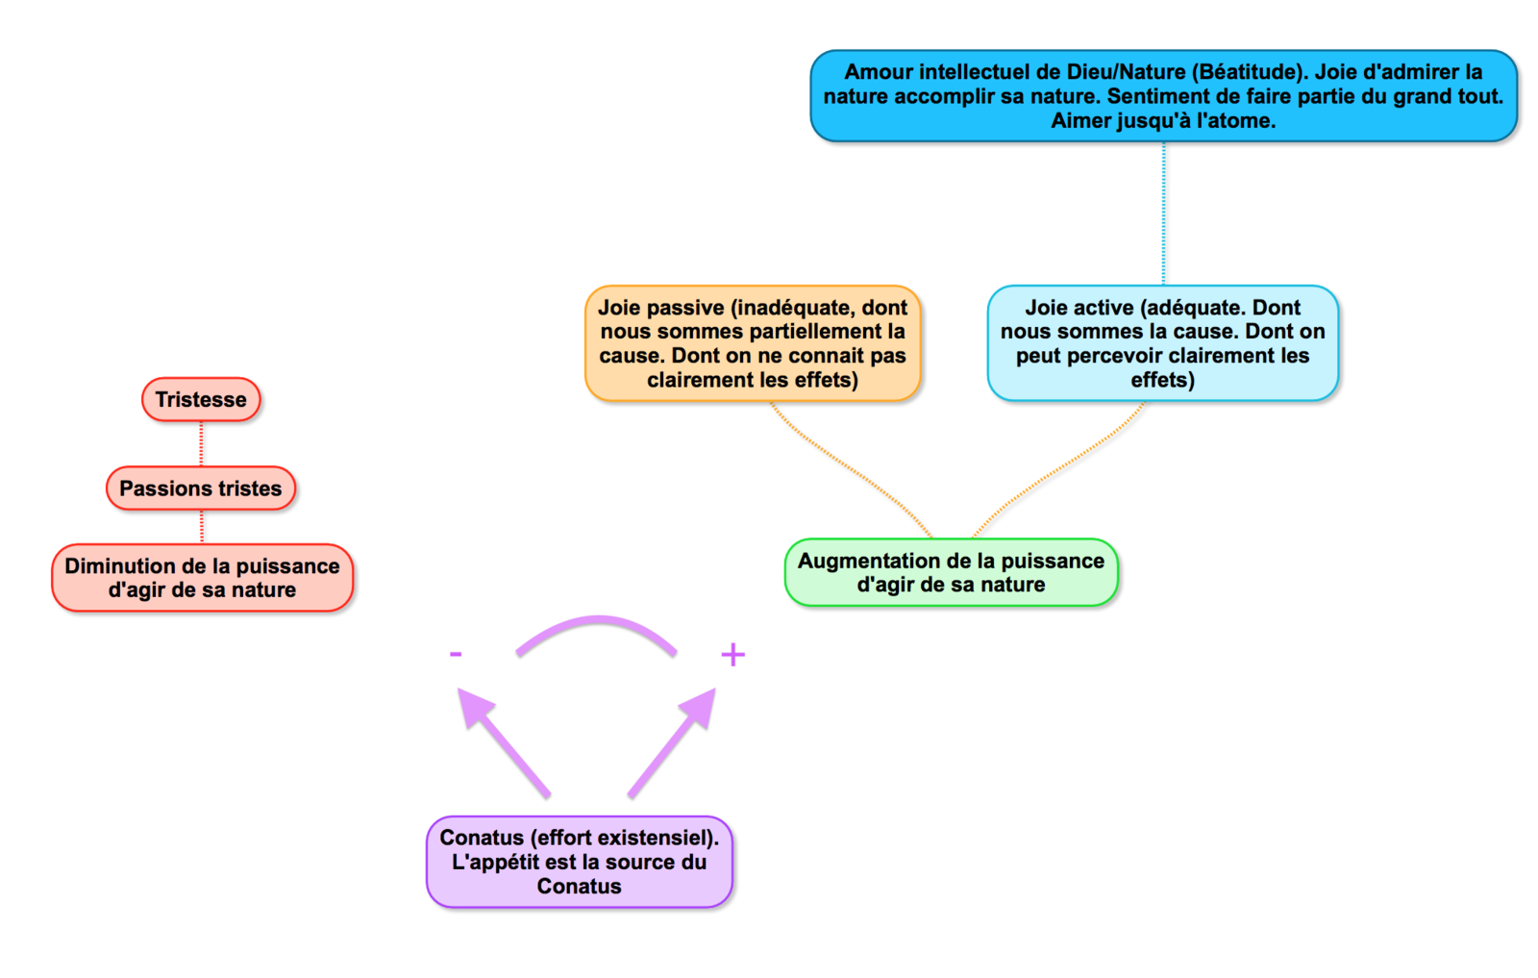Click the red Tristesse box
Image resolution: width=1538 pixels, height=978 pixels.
coord(201,399)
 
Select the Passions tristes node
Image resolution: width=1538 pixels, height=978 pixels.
coord(201,489)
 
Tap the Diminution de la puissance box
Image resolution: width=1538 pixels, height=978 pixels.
coord(203,578)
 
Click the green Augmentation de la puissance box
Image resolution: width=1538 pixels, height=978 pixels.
coord(951,572)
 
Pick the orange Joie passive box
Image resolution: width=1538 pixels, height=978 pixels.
coord(753,343)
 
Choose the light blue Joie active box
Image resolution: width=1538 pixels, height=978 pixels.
coord(1163,343)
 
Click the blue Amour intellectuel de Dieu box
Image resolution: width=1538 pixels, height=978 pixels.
coord(1164,96)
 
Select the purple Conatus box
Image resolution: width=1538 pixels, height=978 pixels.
coord(580,862)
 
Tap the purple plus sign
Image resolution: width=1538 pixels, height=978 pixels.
coord(733,655)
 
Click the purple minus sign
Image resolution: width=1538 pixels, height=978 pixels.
coord(456,654)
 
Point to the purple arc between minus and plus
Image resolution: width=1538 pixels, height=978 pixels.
coord(597,620)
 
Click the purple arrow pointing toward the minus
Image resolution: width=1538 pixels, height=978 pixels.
coord(504,742)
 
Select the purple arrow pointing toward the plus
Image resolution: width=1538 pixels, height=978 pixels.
coord(672,742)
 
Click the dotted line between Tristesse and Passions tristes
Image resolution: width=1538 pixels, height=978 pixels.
coord(201,443)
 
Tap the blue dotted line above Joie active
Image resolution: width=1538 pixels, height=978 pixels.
coord(1164,213)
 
